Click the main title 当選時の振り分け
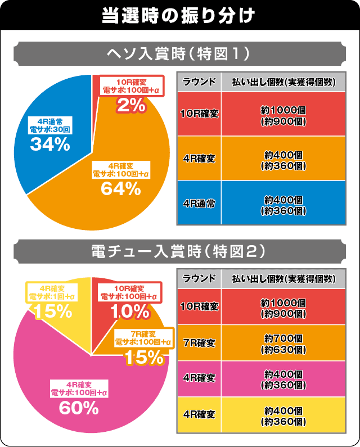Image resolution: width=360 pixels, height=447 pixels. click(179, 14)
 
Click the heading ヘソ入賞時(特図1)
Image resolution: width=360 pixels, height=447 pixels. click(179, 55)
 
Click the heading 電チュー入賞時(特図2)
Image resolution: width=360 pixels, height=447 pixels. click(179, 253)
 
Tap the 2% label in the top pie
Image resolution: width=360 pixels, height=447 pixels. click(130, 104)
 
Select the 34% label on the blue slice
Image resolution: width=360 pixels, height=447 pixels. click(49, 145)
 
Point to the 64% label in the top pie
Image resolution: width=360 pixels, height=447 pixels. click(120, 189)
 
